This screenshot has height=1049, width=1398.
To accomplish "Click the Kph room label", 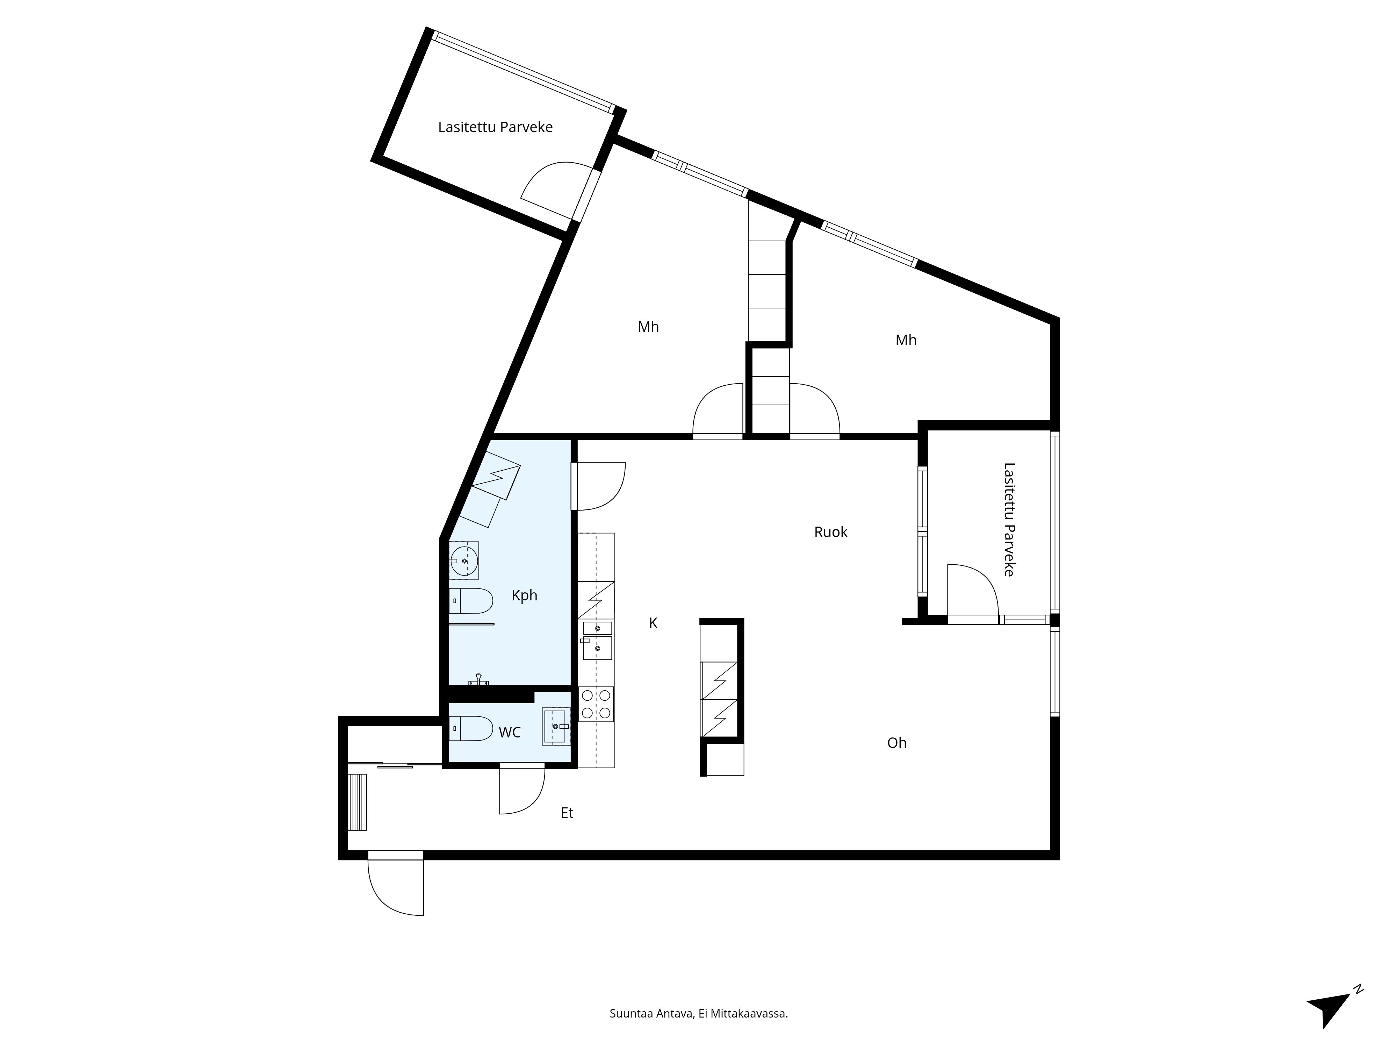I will (524, 595).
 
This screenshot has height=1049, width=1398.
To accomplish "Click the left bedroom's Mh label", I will (648, 327).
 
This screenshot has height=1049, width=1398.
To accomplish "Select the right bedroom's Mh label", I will (905, 340).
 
